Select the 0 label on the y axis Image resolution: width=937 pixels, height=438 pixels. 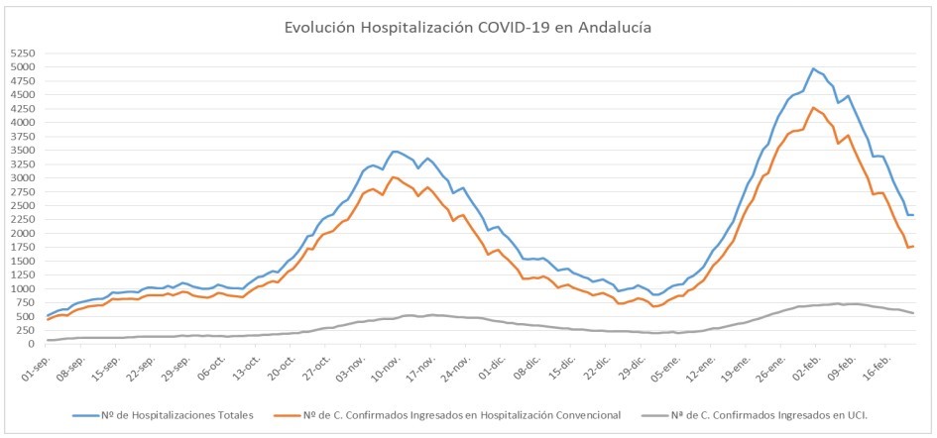(x=33, y=344)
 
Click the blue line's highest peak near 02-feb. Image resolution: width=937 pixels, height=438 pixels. (x=813, y=68)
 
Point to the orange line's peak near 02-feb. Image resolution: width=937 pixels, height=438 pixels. (x=813, y=107)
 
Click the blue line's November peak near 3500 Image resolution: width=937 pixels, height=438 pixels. (x=395, y=151)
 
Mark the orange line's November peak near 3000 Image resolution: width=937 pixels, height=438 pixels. (x=394, y=177)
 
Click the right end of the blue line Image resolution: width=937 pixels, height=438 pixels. (x=913, y=215)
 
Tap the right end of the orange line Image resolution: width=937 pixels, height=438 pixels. (x=913, y=246)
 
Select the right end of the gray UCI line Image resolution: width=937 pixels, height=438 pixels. (x=913, y=313)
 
